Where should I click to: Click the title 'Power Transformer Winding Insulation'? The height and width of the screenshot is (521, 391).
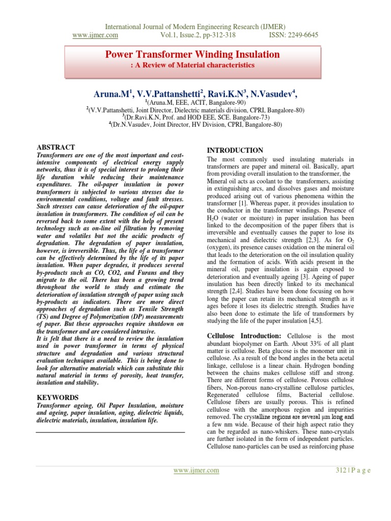(192, 54)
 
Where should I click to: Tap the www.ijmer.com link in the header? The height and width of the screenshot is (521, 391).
(96, 35)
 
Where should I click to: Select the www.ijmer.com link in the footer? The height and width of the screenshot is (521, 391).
(196, 471)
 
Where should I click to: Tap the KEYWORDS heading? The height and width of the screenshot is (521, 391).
(58, 397)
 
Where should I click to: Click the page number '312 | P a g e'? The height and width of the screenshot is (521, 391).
(353, 471)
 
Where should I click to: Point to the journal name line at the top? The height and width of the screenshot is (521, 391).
(195, 26)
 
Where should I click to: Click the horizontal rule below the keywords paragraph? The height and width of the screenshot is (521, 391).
(110, 432)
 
